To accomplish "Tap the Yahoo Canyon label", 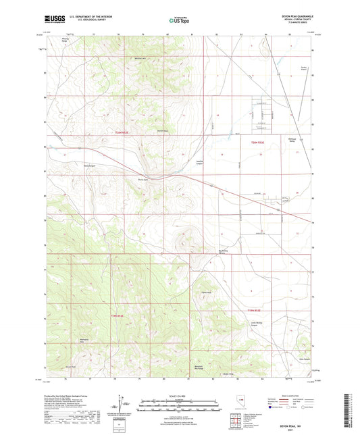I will pyautogui.click(x=90, y=165).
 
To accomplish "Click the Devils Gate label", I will pyautogui.click(x=143, y=179).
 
